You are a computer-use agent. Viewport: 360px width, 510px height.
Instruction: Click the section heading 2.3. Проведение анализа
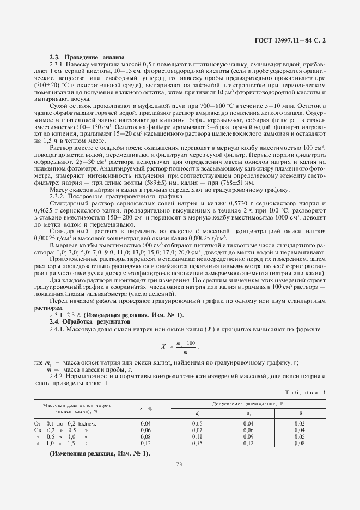pyautogui.click(x=87, y=57)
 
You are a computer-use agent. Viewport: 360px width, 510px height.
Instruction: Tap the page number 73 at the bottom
pyautogui.click(x=179, y=464)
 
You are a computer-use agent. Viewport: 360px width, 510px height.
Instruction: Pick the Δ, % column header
pyautogui.click(x=145, y=408)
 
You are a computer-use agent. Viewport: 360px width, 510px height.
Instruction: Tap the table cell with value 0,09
pyautogui.click(x=248, y=436)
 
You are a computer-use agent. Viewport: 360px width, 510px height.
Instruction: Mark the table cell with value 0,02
pyautogui.click(x=300, y=422)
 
